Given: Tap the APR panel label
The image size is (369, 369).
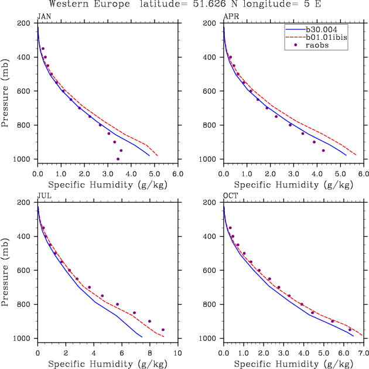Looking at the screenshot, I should [x=229, y=16].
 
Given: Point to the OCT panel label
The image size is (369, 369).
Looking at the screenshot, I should [x=229, y=196].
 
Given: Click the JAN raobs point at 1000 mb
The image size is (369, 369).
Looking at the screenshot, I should [x=118, y=159].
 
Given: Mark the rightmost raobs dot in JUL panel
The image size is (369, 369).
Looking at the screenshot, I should [x=163, y=330].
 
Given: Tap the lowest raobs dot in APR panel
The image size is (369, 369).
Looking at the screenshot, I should [x=323, y=151].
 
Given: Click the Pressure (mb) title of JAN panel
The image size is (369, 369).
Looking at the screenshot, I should [x=6, y=91].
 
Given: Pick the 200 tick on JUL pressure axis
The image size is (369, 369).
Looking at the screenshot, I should [x=25, y=203].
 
